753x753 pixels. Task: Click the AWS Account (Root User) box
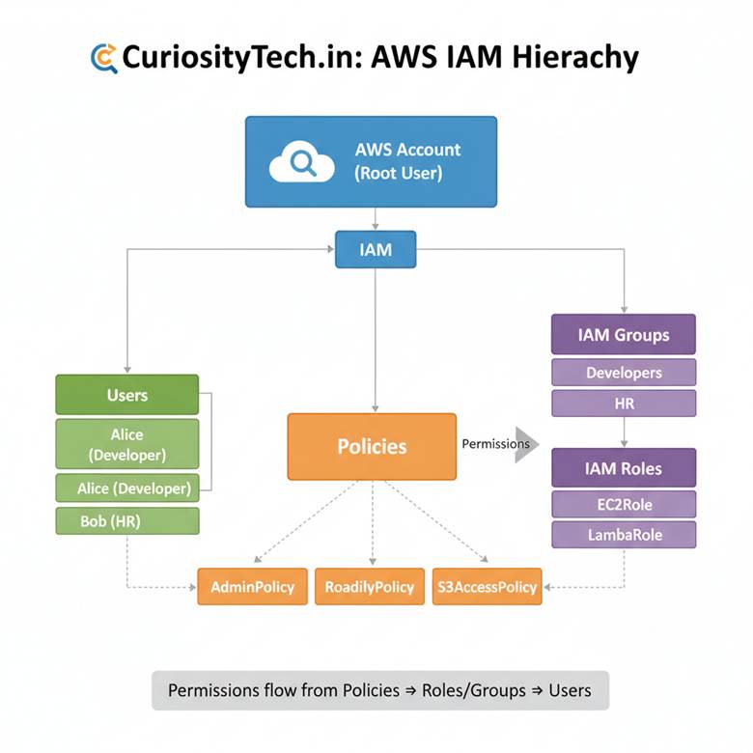[371, 161]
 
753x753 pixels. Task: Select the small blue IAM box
[376, 249]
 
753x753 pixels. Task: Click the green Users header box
[127, 395]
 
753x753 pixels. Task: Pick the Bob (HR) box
[127, 521]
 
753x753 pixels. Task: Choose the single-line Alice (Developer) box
[127, 488]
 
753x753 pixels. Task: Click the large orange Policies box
[372, 446]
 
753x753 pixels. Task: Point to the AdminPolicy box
[252, 586]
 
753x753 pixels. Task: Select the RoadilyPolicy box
[370, 586]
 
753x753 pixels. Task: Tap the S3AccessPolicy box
[487, 586]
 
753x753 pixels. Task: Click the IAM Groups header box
[623, 335]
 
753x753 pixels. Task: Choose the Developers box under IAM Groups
[623, 373]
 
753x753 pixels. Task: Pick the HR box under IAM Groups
[623, 404]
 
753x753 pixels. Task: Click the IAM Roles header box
[623, 468]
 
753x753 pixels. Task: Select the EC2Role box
[623, 504]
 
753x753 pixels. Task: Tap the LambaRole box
[623, 534]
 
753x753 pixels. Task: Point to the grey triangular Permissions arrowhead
[526, 444]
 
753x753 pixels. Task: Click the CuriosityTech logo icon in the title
[103, 58]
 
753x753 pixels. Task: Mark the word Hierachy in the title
[578, 58]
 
